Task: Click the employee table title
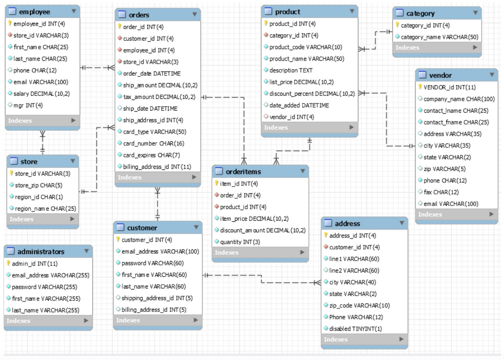tap(34, 11)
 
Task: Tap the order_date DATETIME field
tap(152, 74)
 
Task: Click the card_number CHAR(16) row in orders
tap(154, 144)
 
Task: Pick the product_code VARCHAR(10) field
tap(305, 47)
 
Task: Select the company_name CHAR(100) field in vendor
tap(459, 99)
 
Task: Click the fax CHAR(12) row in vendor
tap(441, 192)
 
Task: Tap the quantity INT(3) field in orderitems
tap(240, 242)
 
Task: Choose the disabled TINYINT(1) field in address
tap(355, 329)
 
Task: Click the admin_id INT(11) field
tap(34, 264)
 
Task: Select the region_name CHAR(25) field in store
tap(45, 209)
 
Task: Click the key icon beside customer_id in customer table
tap(118, 240)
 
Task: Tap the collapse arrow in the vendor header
tap(491, 75)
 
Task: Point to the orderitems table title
tap(243, 172)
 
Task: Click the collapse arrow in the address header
tap(401, 223)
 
